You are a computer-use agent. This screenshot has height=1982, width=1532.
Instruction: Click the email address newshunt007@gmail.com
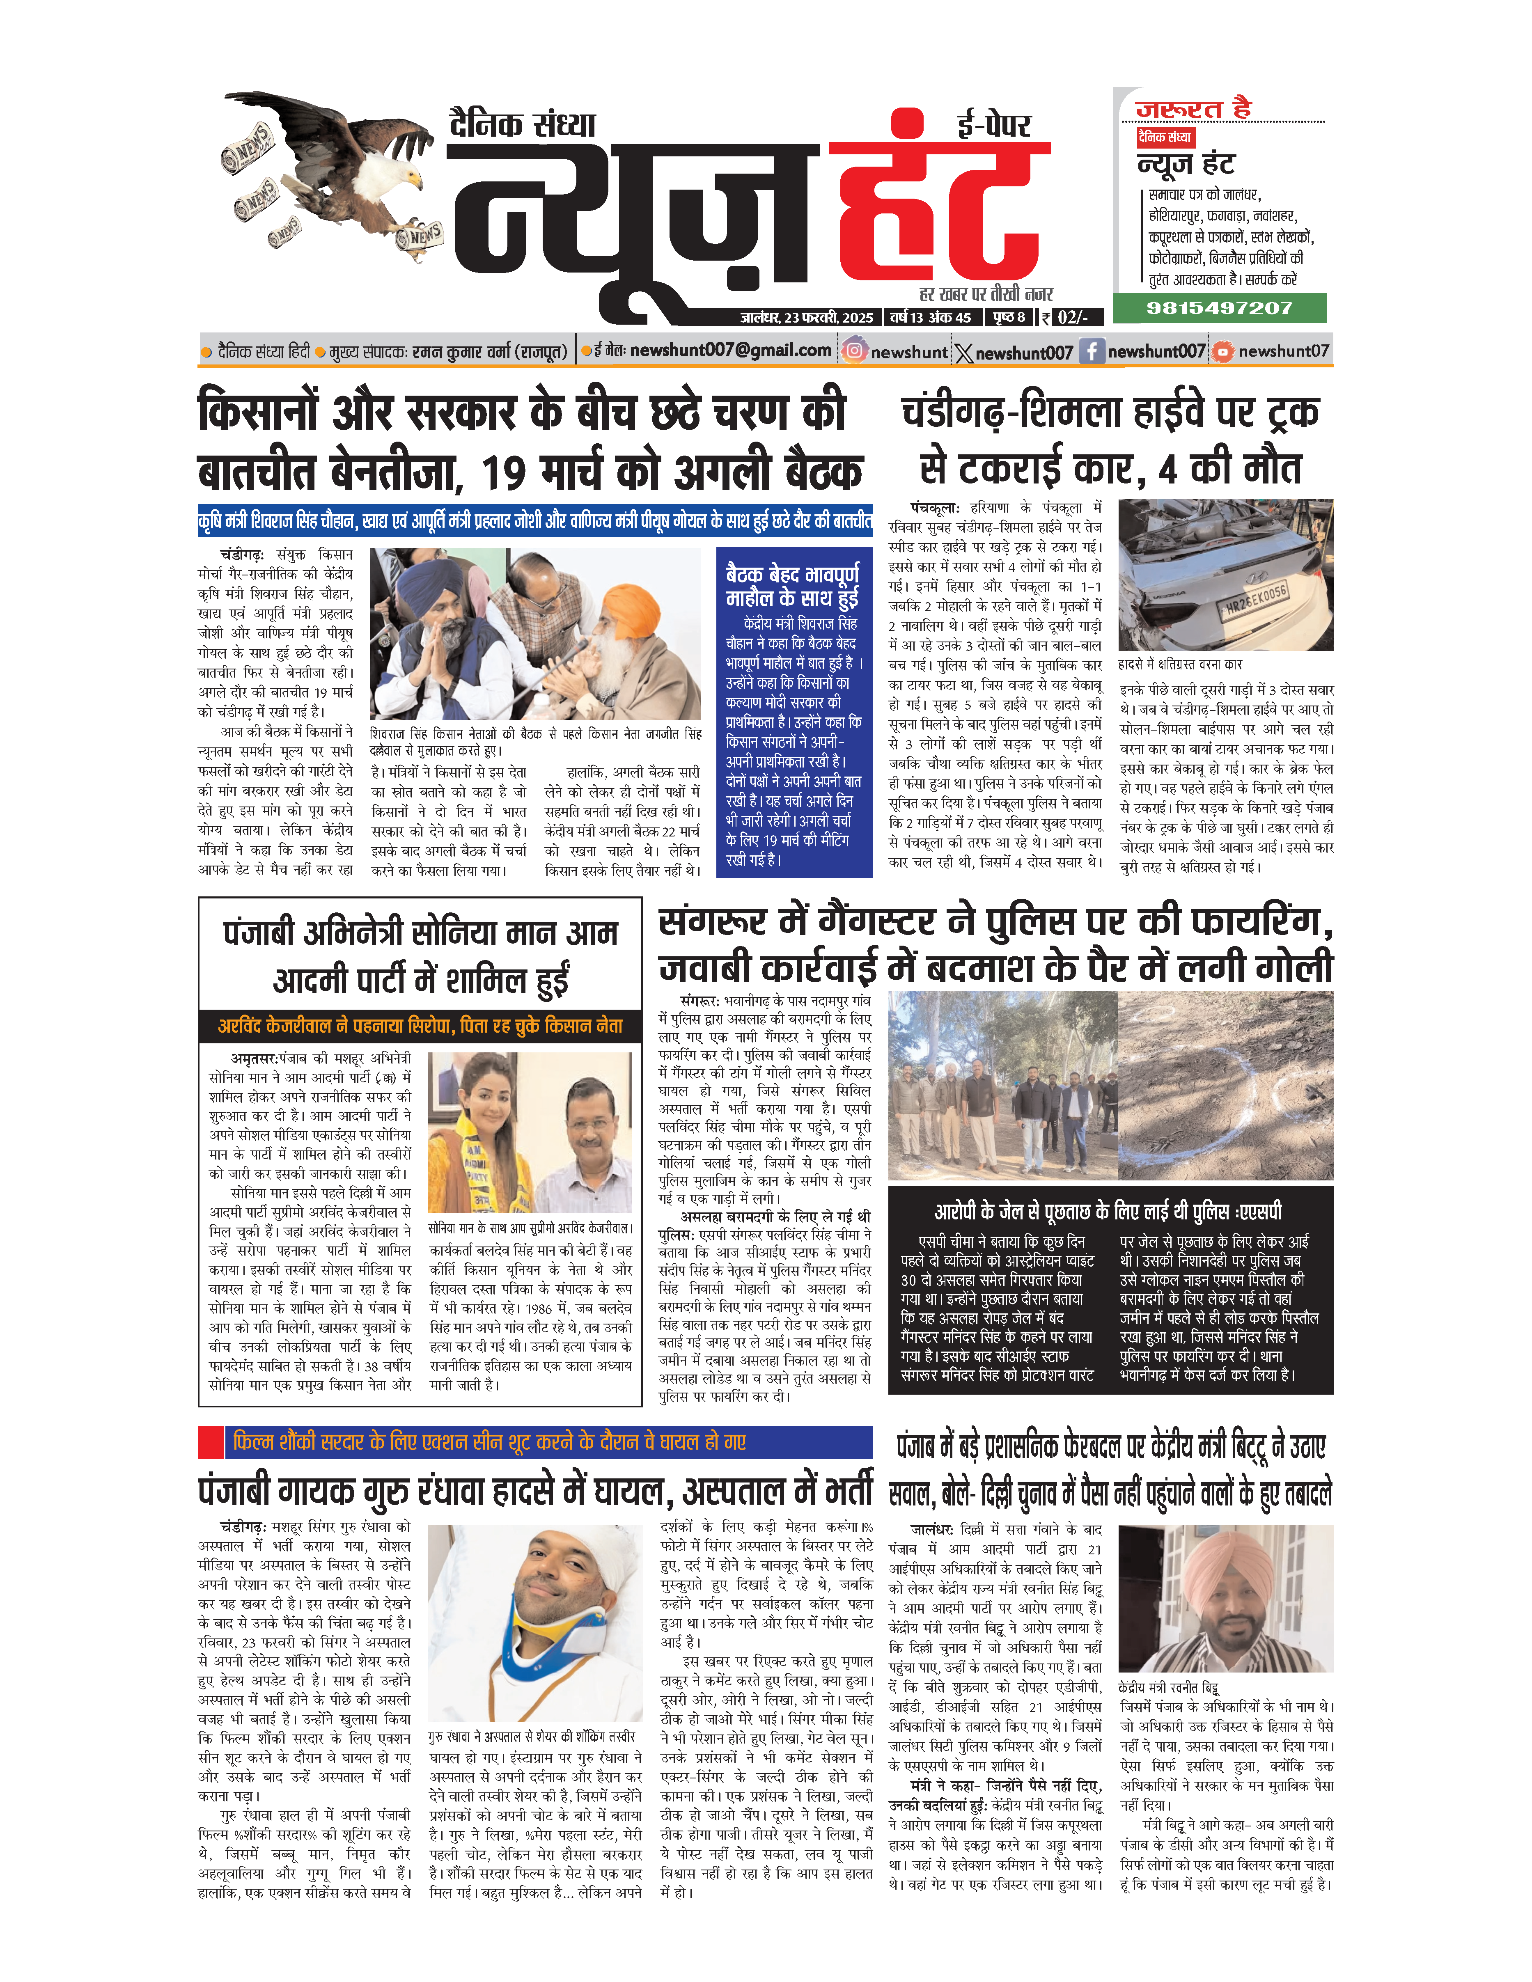click(731, 350)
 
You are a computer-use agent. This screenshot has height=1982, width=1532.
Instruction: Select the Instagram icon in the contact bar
click(853, 351)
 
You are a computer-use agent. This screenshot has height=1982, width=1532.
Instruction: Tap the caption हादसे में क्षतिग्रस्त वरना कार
click(1180, 663)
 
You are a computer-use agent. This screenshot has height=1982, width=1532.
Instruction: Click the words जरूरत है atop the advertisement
click(1193, 110)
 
